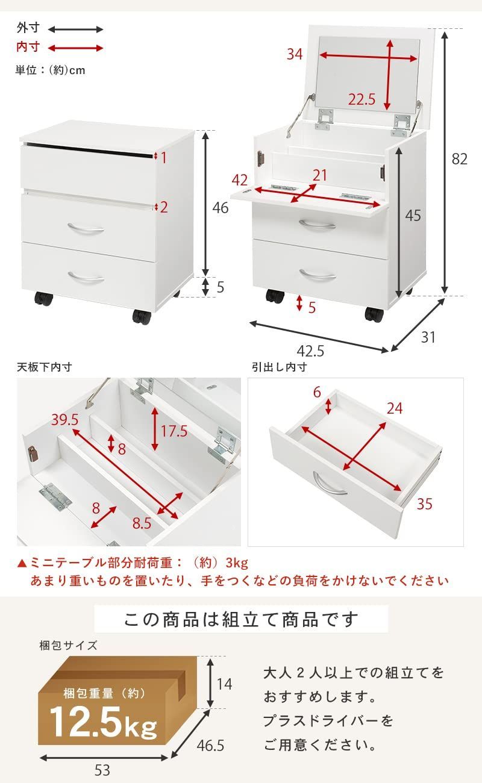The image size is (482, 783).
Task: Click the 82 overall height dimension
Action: (460, 158)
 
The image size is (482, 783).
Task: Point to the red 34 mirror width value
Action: (294, 54)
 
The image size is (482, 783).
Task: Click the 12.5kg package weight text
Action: (103, 721)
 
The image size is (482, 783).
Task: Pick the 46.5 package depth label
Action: (210, 746)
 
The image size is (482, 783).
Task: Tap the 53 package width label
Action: (102, 770)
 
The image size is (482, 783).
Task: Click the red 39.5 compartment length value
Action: (65, 419)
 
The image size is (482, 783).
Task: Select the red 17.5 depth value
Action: (174, 431)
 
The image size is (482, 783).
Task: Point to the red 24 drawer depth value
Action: (394, 408)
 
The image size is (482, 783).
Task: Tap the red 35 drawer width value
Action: (424, 504)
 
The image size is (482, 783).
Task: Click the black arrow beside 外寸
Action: (75, 29)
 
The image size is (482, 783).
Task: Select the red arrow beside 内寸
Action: (75, 48)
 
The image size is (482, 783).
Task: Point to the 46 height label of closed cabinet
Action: (221, 208)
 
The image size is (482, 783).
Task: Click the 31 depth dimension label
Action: (428, 337)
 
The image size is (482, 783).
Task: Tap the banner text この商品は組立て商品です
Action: (241, 619)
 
